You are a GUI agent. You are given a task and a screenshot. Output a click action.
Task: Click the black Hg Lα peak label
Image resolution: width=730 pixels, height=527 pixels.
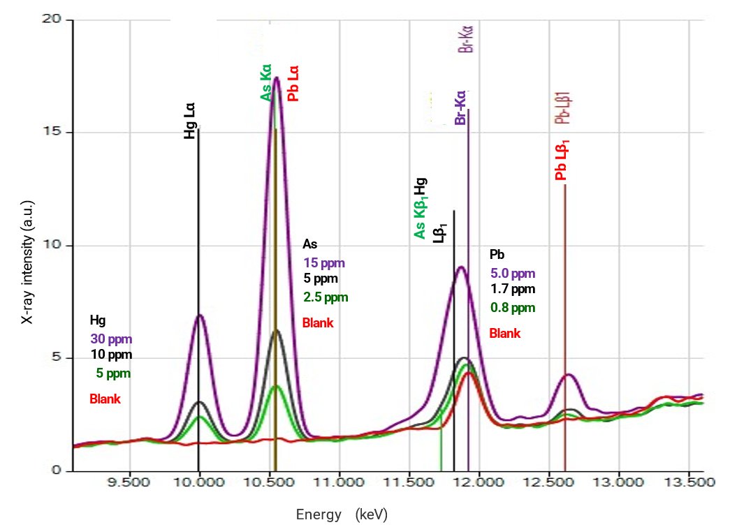189,123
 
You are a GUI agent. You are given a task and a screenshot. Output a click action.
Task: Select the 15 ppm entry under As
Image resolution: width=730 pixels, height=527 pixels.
323,263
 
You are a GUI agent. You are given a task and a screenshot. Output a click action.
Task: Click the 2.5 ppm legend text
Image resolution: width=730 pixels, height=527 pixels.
325,298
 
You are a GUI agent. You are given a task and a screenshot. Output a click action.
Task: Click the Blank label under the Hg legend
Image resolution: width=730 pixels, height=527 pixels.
105,399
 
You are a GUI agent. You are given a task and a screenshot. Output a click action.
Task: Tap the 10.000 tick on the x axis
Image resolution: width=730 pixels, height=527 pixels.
199,482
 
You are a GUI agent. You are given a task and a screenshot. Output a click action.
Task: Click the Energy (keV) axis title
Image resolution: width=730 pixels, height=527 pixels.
341,515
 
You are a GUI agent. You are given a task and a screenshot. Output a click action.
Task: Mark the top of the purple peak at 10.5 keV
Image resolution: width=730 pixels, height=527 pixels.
277,77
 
